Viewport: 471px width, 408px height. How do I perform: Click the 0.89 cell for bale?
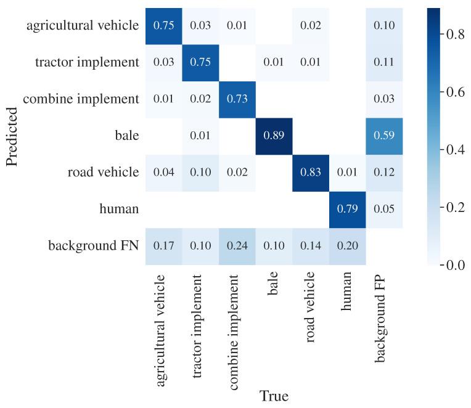274,136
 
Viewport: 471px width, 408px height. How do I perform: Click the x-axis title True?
274,396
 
